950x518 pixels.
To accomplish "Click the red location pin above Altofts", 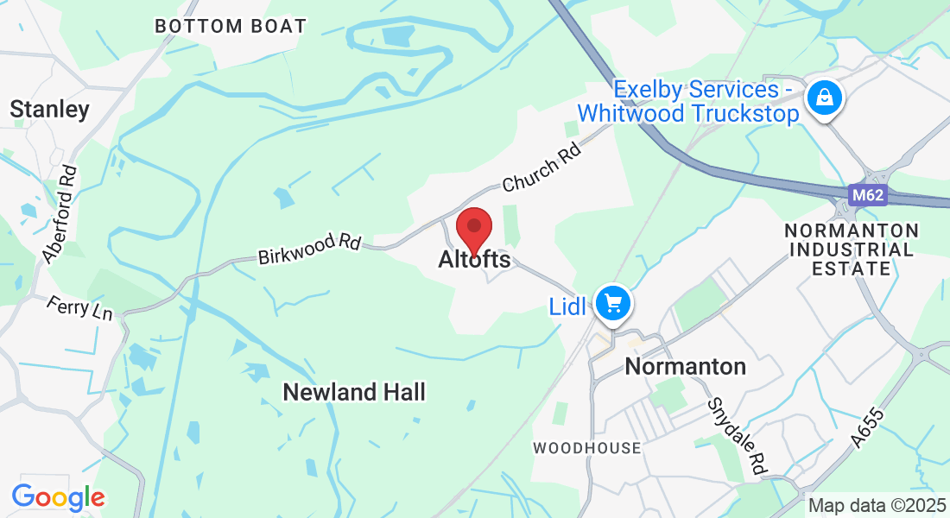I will tap(473, 228).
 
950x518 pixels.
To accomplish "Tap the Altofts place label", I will tap(474, 259).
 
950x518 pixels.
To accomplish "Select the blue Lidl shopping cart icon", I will tap(613, 304).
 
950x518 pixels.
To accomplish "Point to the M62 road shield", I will tap(867, 195).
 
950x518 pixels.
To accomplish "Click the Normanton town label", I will tap(685, 366).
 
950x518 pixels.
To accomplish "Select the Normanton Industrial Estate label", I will tap(852, 250).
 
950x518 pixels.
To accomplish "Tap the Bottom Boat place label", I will tap(231, 26).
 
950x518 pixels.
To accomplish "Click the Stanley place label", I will tap(50, 110).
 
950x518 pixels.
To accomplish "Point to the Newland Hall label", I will tap(355, 393).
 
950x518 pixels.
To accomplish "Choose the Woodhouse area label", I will tap(587, 448).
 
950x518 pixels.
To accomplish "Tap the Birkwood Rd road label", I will tap(309, 250).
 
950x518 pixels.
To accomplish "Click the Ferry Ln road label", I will tap(80, 306).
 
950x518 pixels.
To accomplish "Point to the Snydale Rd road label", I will tap(737, 436).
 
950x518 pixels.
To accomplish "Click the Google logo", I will tap(58, 496).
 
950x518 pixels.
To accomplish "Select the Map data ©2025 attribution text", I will tap(876, 505).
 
